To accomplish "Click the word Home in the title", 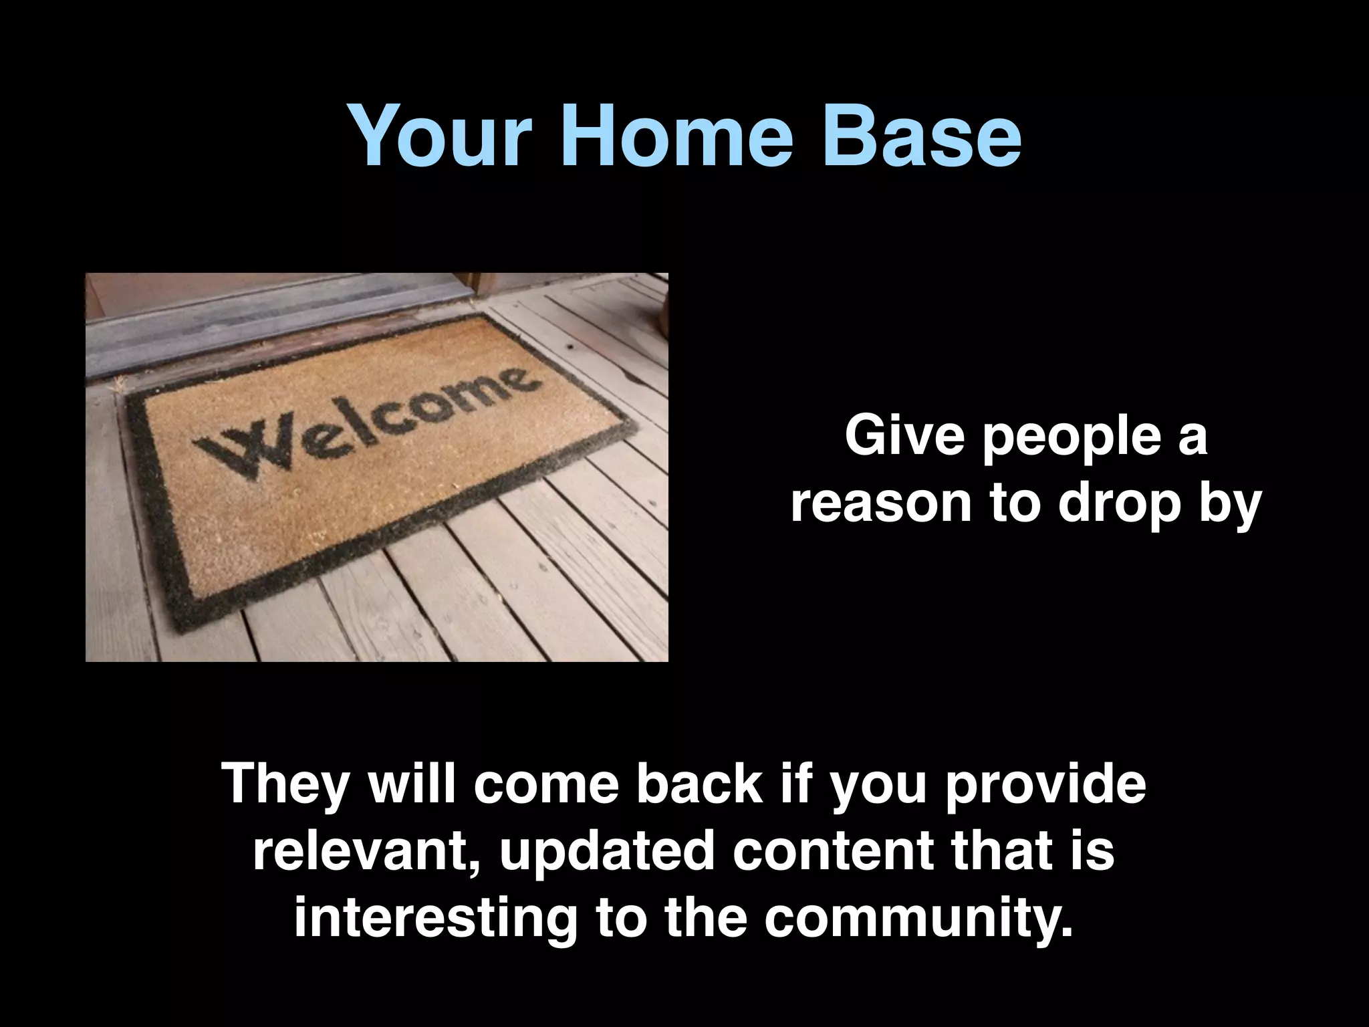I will click(x=677, y=136).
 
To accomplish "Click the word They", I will click(x=286, y=785).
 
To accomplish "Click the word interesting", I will click(x=435, y=919).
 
